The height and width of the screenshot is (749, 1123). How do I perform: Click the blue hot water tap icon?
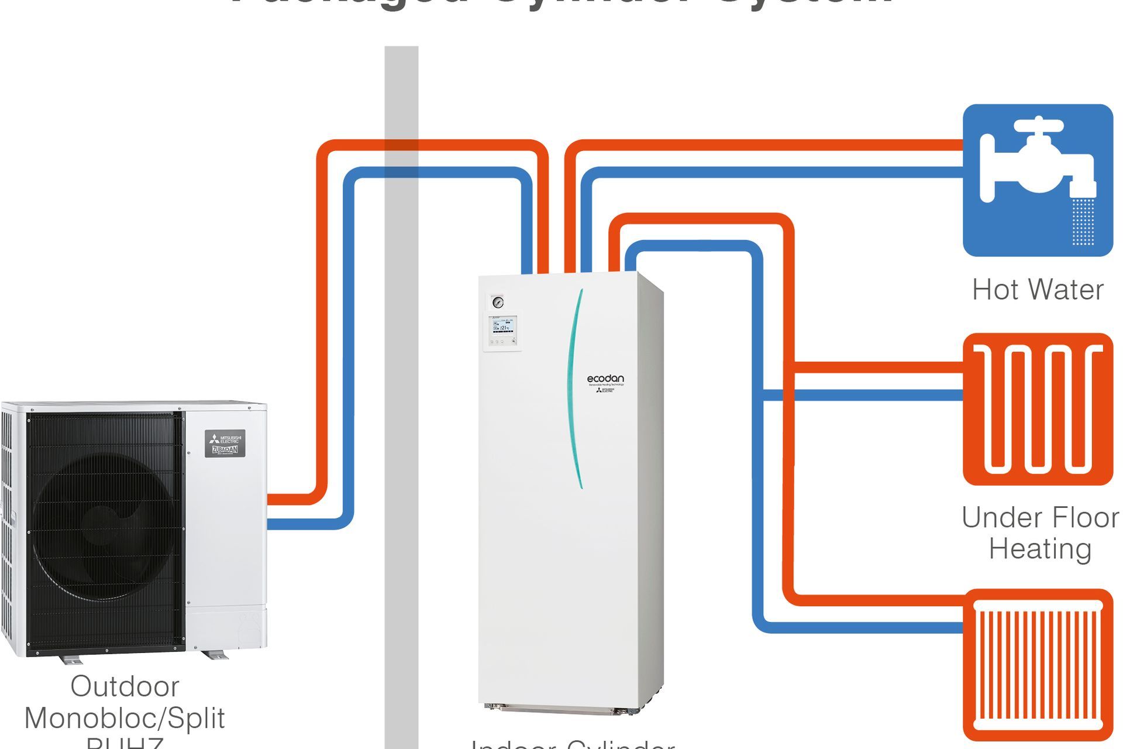click(1037, 180)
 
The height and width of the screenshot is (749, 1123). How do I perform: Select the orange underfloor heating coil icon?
click(1037, 409)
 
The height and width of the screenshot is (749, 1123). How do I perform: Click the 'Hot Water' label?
click(1037, 290)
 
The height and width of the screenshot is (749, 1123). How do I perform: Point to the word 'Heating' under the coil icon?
click(1040, 549)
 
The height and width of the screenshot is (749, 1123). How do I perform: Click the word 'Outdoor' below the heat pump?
click(125, 686)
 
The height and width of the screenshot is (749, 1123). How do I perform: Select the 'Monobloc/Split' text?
click(125, 718)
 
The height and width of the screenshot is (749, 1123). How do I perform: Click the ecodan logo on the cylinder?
click(605, 379)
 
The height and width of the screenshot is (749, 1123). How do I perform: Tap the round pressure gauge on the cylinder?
click(498, 302)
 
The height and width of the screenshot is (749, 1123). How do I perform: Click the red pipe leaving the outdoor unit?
click(292, 499)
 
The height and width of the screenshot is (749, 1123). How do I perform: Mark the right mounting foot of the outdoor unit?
click(213, 655)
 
